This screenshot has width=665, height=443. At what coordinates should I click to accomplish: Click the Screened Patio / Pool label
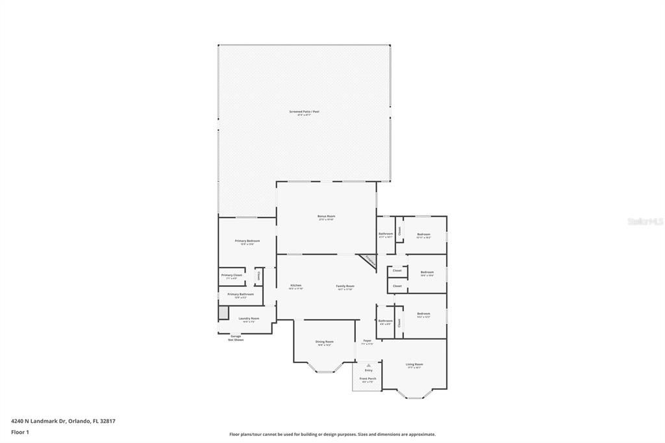pos(304,112)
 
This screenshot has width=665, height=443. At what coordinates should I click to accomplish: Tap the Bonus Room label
pos(326,217)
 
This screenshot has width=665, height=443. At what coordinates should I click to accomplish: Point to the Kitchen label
pos(295,286)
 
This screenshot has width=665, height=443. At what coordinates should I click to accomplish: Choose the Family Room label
pos(345,286)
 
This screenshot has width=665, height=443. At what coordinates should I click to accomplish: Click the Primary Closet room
pos(231,276)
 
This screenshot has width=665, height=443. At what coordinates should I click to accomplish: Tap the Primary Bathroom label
pos(240,295)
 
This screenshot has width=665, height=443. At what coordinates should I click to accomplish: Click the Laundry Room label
pos(249,319)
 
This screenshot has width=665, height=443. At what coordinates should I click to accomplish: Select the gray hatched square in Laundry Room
pos(223,313)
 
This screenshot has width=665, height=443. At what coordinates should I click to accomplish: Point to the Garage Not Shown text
pos(234,338)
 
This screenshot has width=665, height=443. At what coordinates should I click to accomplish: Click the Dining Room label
pos(325,342)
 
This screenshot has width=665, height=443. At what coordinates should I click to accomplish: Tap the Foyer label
pos(367,341)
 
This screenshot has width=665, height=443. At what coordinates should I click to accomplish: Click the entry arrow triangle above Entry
pos(368,365)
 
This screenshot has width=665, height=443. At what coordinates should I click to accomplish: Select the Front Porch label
pos(368,379)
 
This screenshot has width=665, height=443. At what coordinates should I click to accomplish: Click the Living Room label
pos(414,365)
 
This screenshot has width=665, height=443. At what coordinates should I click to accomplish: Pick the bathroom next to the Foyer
pos(385,322)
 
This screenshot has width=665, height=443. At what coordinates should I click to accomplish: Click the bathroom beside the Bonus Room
pos(386,234)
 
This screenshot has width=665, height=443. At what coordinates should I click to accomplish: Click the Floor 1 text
pos(20,431)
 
